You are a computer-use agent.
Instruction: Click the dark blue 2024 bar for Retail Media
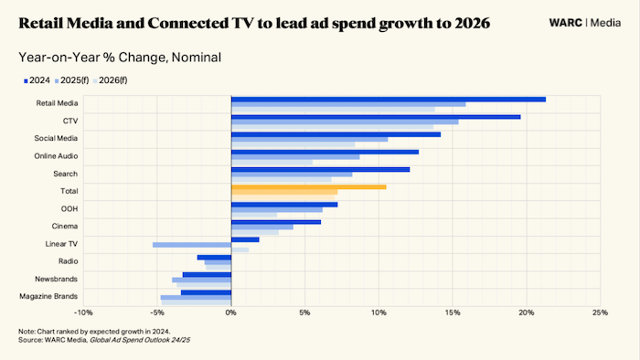coord(389,99)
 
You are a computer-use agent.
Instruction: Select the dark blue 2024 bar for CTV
coord(376,116)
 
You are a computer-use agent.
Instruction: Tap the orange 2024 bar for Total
coord(308,186)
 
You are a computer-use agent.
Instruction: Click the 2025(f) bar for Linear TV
coord(192,245)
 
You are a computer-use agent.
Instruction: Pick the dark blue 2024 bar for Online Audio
coord(325,152)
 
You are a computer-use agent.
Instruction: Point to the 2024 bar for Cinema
coord(276,222)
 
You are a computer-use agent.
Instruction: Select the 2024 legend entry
coord(37,80)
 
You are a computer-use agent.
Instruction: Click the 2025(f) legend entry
coord(75,80)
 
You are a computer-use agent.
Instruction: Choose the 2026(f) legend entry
coord(120,80)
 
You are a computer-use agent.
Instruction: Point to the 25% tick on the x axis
coord(600,312)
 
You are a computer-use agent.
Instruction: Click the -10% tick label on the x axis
coord(84,312)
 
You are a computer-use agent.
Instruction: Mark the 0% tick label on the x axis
coord(231,312)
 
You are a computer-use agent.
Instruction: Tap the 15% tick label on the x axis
coord(453,312)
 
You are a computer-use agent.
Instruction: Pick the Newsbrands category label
coord(57,279)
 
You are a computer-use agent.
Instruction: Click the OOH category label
coord(69,209)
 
